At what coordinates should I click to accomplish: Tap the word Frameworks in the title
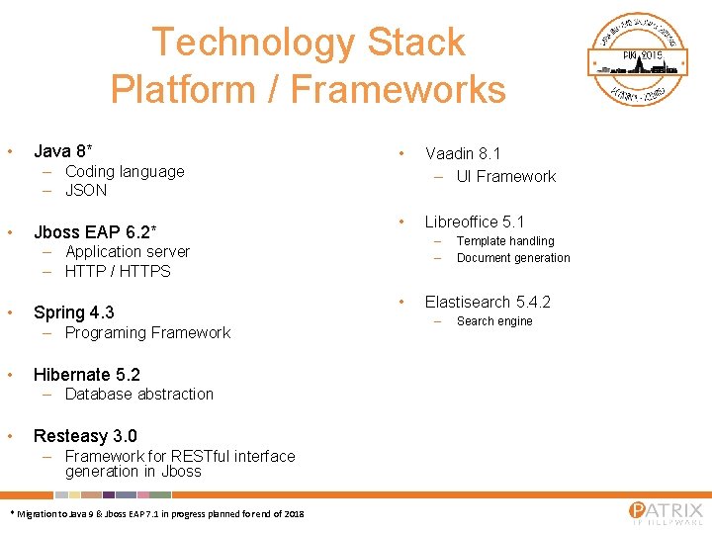click(398, 89)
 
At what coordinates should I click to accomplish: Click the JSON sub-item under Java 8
click(86, 190)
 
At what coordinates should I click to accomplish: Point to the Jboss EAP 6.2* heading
click(95, 232)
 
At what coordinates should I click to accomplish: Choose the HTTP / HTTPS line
click(118, 271)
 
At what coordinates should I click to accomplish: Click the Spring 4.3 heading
click(73, 312)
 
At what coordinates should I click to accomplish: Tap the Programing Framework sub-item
click(147, 332)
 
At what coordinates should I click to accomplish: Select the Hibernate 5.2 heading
click(87, 375)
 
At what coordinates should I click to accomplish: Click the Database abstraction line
click(138, 394)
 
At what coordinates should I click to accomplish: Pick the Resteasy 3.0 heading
click(85, 436)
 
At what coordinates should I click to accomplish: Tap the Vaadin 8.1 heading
click(463, 153)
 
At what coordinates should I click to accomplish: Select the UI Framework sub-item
click(506, 176)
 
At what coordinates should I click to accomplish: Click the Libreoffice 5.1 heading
click(475, 222)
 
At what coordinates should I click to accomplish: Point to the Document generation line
click(513, 258)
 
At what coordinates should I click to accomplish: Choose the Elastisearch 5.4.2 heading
click(488, 302)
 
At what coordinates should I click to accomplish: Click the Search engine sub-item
click(494, 321)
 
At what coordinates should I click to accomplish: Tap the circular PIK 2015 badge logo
click(639, 59)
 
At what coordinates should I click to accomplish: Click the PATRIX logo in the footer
click(666, 512)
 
